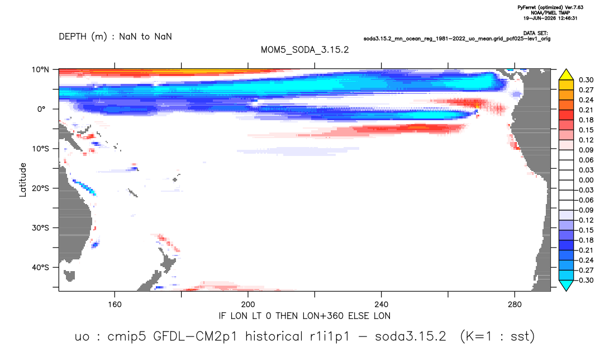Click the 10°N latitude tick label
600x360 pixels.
[x=40, y=70]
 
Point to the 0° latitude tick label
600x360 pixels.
[x=41, y=109]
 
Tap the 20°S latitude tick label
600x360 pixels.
[x=40, y=188]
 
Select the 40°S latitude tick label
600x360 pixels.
[x=40, y=267]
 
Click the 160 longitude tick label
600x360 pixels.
[x=115, y=305]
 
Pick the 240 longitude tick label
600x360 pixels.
[x=382, y=305]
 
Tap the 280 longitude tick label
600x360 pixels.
[x=515, y=305]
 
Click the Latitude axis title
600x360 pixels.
[x=23, y=180]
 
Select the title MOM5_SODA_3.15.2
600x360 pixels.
[x=305, y=50]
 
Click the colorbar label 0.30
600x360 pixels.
[x=586, y=80]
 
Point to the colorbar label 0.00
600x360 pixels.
[x=586, y=180]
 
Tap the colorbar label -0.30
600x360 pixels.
[x=585, y=280]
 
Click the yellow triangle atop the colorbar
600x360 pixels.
[x=566, y=75]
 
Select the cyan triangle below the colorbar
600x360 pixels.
[x=566, y=285]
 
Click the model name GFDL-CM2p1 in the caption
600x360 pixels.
[x=195, y=337]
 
